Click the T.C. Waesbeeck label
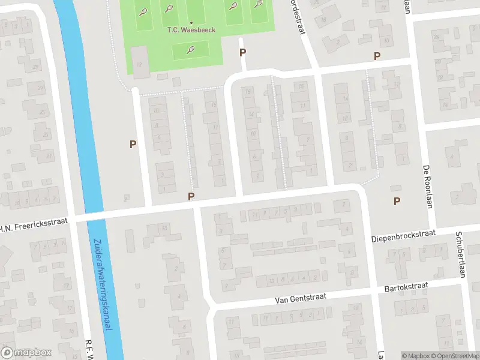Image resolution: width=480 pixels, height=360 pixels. click(191, 29)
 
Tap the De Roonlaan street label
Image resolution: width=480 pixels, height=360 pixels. click(428, 186)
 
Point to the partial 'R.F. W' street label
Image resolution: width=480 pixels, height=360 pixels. click(89, 350)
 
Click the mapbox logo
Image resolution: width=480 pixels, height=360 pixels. click(26, 353)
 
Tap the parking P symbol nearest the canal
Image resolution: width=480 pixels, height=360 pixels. click(133, 144)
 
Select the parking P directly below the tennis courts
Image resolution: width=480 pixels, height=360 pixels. click(243, 52)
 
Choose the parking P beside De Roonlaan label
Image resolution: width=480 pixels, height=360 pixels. click(396, 201)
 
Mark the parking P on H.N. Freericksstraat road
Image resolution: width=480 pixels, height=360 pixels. click(191, 196)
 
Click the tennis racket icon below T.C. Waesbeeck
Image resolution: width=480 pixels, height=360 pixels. click(191, 49)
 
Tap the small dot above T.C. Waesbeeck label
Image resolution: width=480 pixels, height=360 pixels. click(191, 22)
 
